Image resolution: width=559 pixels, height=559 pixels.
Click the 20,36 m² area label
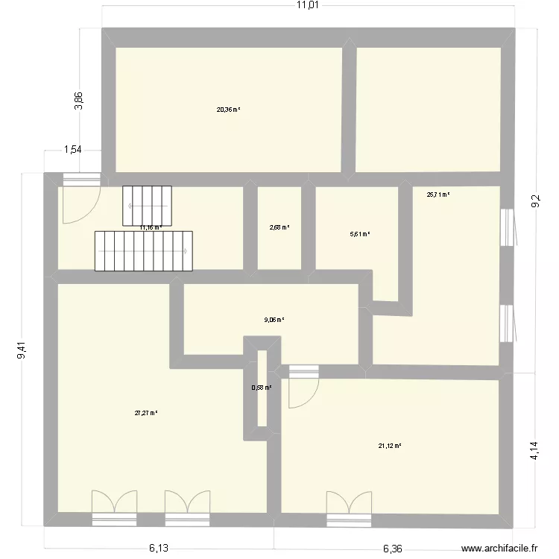click(229, 110)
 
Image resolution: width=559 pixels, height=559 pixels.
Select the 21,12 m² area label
click(390, 446)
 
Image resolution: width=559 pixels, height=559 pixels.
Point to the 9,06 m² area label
click(274, 320)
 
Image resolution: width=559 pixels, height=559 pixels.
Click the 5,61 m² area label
click(360, 234)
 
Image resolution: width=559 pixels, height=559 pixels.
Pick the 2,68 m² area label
click(279, 228)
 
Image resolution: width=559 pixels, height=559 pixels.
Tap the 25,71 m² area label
click(438, 195)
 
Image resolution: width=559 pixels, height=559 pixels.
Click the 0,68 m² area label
click(262, 388)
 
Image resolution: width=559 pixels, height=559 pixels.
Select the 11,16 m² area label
click(151, 228)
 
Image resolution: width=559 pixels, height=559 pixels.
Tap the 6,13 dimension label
click(158, 549)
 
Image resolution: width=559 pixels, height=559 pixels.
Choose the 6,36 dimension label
click(394, 549)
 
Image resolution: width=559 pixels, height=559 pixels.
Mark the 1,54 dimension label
click(72, 150)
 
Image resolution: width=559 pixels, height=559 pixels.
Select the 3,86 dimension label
click(79, 101)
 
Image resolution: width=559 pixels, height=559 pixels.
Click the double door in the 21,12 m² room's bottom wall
click(349, 505)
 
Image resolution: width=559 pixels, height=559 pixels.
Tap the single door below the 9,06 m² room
click(303, 386)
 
